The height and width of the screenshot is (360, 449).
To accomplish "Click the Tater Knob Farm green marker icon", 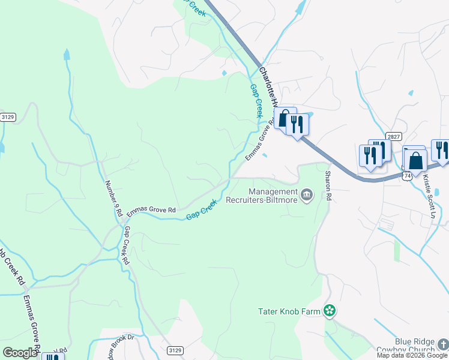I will [329, 310].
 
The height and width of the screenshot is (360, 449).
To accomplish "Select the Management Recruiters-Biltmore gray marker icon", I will [307, 194].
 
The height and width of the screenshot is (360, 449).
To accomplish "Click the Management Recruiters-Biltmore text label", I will [262, 196].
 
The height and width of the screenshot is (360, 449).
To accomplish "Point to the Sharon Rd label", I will [328, 186].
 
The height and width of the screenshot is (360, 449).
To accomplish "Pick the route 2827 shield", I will [393, 137].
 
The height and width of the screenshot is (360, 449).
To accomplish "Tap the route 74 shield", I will [408, 175].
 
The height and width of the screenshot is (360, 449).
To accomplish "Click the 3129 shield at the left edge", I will [8, 116].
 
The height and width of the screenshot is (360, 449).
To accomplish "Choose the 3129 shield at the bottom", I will [174, 350].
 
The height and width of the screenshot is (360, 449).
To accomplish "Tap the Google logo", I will [20, 352].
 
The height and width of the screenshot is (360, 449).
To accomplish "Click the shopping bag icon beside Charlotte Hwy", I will [285, 118].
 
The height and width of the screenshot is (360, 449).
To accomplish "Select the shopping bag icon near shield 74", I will [415, 161].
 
